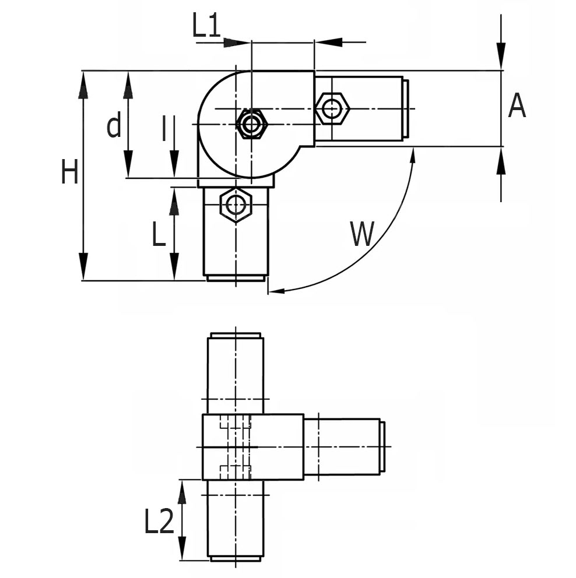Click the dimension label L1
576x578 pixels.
(x=206, y=27)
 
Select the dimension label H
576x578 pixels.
(x=69, y=173)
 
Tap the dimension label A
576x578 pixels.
(x=517, y=107)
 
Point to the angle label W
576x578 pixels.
(x=362, y=234)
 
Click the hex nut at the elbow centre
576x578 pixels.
(x=252, y=124)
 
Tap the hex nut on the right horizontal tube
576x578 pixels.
(x=332, y=108)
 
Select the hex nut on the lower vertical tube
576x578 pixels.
(x=236, y=205)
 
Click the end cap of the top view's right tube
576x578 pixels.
(x=405, y=108)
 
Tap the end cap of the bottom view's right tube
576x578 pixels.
(x=382, y=447)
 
